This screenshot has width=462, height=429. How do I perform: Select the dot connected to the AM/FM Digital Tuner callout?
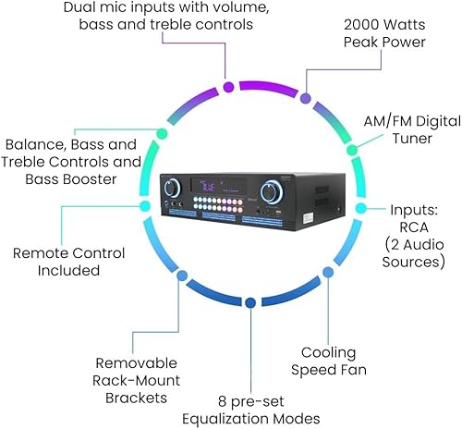point(352,148)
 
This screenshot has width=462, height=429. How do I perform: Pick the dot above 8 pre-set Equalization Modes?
point(250,302)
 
